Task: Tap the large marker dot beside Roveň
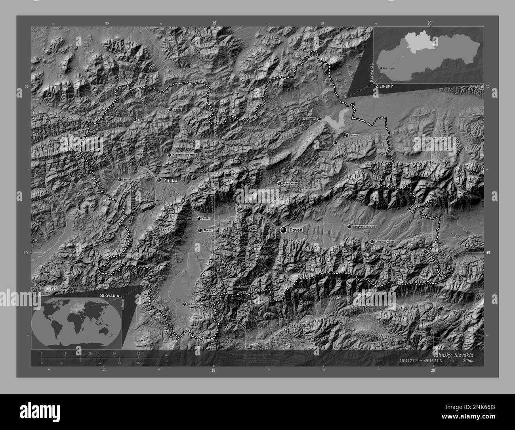tap(284, 230)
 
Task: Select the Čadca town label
tap(178, 109)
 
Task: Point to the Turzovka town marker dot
tap(135, 119)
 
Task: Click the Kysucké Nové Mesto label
tap(185, 155)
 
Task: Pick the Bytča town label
tap(126, 180)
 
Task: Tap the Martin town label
tap(208, 230)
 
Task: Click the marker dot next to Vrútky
tap(199, 218)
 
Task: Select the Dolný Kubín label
tap(290, 184)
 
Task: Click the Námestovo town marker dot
tap(319, 118)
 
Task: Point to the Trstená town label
tap(354, 135)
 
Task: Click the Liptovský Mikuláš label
tap(364, 227)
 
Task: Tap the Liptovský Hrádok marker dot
tap(372, 242)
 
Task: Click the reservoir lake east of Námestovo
tap(335, 121)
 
